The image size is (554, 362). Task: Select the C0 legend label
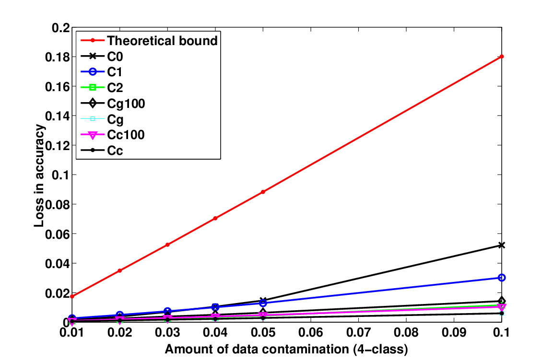pyautogui.click(x=115, y=57)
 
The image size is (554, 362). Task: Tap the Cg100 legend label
pyautogui.click(x=126, y=104)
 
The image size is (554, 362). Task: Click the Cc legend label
pyautogui.click(x=115, y=151)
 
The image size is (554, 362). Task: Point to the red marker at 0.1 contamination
pyautogui.click(x=501, y=57)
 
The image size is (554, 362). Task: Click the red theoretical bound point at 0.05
pyautogui.click(x=263, y=192)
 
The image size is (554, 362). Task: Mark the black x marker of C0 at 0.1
pyautogui.click(x=501, y=245)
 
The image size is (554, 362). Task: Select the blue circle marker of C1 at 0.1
pyautogui.click(x=501, y=278)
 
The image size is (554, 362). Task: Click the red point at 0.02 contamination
pyautogui.click(x=120, y=270)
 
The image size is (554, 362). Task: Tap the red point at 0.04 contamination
pyautogui.click(x=215, y=218)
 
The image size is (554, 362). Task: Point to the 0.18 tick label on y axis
pyautogui.click(x=57, y=57)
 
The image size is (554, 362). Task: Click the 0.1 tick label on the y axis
pyautogui.click(x=60, y=175)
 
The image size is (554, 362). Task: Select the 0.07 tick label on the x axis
pyautogui.click(x=358, y=332)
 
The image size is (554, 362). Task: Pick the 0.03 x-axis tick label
pyautogui.click(x=167, y=332)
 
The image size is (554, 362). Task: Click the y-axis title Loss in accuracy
pyautogui.click(x=39, y=175)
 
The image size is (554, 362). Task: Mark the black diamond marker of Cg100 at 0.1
pyautogui.click(x=501, y=301)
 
